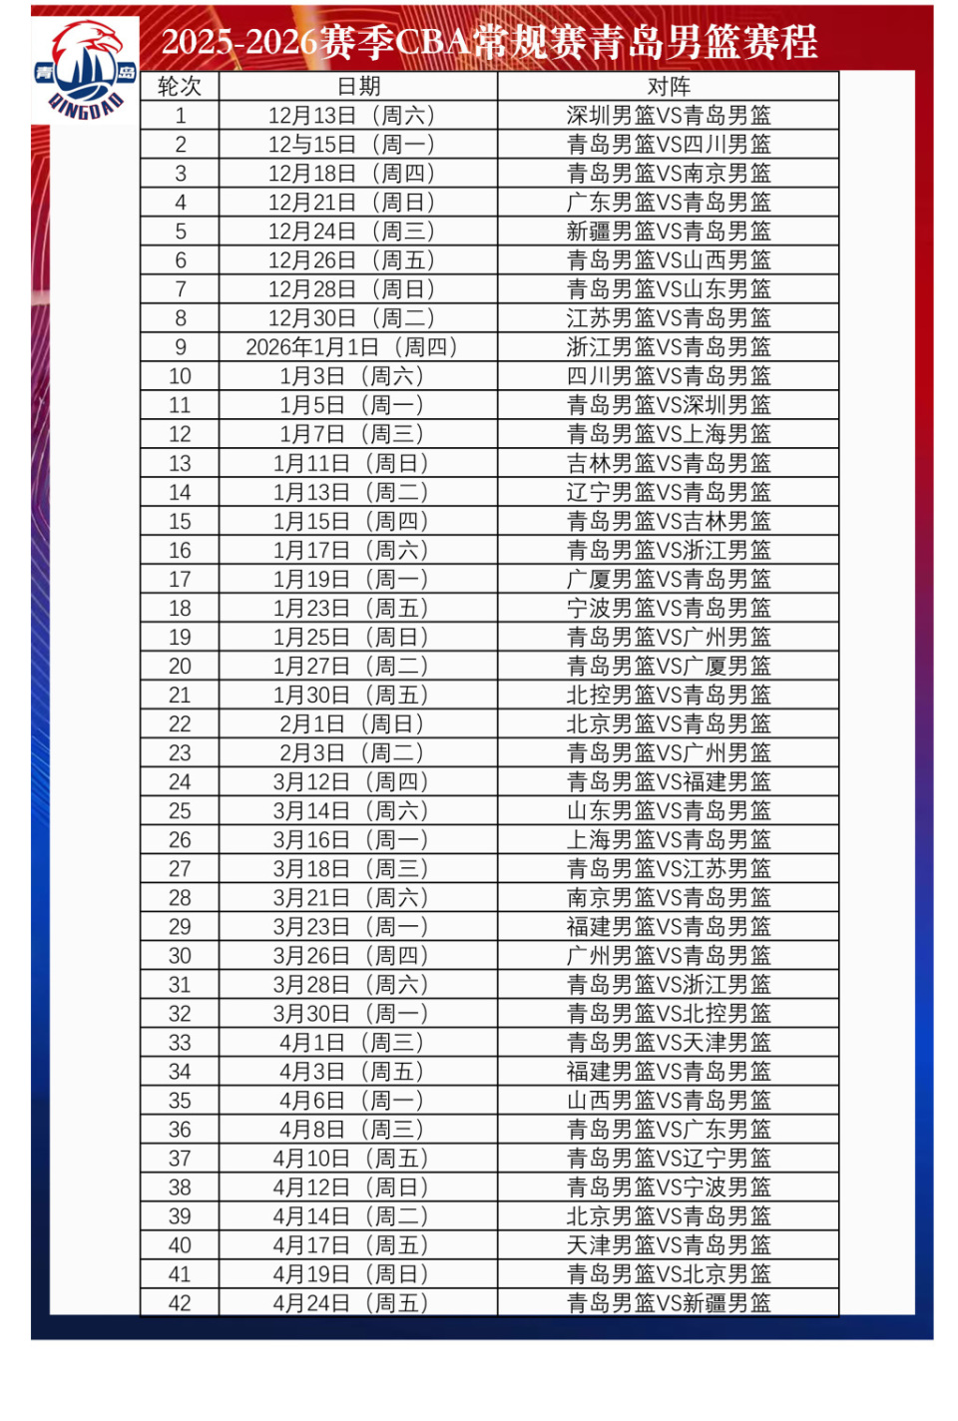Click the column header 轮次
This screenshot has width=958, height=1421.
click(x=180, y=87)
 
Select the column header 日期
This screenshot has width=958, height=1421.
click(x=358, y=87)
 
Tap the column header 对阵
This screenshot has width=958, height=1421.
click(x=669, y=87)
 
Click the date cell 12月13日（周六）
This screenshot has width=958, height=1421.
click(x=351, y=116)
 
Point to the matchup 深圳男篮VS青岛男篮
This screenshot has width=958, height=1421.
click(x=669, y=116)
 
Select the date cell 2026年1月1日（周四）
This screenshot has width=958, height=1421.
click(x=351, y=347)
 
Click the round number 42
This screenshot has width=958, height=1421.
click(x=180, y=1303)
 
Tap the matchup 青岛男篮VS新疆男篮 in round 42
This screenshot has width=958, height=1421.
click(x=669, y=1303)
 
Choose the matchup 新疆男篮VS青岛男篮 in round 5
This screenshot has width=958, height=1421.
click(x=669, y=232)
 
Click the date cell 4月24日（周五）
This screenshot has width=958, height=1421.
click(x=351, y=1303)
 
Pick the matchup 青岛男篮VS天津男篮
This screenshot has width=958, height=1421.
click(x=669, y=1043)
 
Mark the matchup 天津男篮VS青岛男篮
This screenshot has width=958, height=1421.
click(x=669, y=1245)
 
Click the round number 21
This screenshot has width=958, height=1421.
click(x=180, y=696)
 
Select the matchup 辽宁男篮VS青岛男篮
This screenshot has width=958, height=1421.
click(x=669, y=492)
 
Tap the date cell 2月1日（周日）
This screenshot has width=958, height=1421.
click(x=351, y=724)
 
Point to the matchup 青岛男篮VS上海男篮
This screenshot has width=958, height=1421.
click(x=669, y=434)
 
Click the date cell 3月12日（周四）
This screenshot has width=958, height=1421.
click(x=351, y=782)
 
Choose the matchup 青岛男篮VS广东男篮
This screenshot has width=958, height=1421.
click(x=669, y=1130)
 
